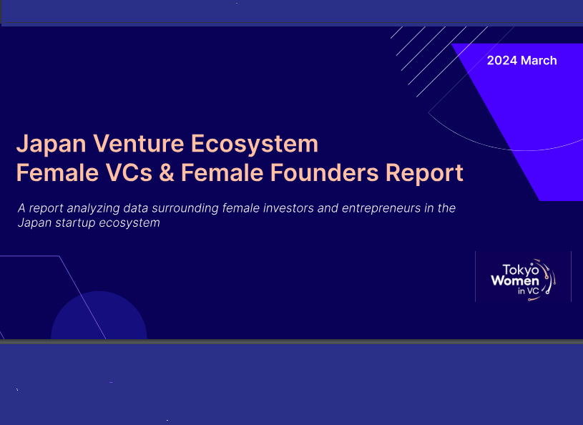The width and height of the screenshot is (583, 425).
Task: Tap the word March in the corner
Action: pos(539,60)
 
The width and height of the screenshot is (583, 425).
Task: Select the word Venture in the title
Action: pos(138,144)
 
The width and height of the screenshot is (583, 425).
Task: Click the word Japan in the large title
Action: pos(52,145)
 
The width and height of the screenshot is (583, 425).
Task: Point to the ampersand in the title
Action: pos(167,172)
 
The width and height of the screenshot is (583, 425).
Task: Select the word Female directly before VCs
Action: pos(58,172)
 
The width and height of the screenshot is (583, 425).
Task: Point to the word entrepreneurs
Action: pos(381,208)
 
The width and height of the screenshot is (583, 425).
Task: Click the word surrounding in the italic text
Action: pos(185,208)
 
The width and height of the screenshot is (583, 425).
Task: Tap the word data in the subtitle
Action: pos(136,208)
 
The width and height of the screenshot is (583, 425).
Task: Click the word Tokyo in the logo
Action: pos(521,270)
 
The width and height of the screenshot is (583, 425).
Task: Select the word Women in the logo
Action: pos(515,280)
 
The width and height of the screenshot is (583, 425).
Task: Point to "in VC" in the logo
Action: pos(529,290)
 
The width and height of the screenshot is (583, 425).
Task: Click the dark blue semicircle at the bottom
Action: pos(99,316)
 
